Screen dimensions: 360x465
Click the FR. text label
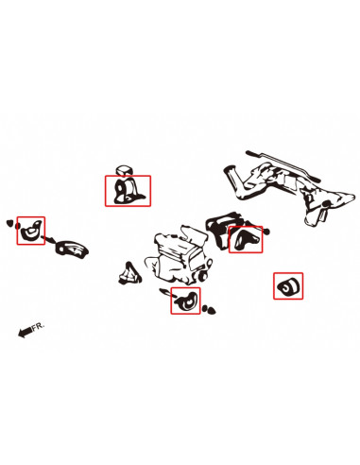[x=38, y=326]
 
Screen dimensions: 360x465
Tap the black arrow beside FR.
[x=25, y=332]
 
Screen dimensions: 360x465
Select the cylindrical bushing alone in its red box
[x=288, y=286]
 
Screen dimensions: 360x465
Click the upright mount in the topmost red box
[x=128, y=191]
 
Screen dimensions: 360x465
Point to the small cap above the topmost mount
[x=124, y=170]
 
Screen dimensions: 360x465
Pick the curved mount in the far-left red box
[x=30, y=231]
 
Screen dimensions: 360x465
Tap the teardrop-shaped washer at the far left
[x=9, y=223]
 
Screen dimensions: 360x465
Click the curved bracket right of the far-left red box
[x=72, y=249]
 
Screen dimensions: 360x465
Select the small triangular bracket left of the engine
[x=129, y=273]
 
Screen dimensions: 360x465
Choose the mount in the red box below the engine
[x=187, y=301]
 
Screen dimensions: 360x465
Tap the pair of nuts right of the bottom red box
[x=209, y=309]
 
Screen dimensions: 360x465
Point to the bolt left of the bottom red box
[x=164, y=292]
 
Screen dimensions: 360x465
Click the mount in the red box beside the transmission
[x=246, y=239]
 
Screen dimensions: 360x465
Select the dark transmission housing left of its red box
[x=219, y=230]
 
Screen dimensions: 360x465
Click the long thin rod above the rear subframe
[x=283, y=166]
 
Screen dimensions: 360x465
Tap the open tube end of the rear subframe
[x=230, y=172]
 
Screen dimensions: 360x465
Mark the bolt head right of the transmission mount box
[x=266, y=232]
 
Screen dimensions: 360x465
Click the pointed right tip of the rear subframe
[x=354, y=197]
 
